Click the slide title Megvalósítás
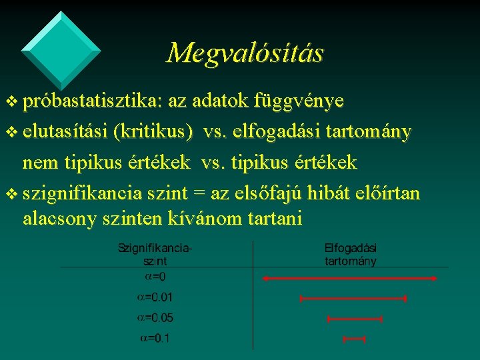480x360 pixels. (x=245, y=52)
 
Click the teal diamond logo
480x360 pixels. (x=61, y=49)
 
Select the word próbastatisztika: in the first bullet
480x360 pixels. (x=93, y=101)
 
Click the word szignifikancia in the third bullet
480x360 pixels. (x=81, y=193)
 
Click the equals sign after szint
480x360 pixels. (x=198, y=194)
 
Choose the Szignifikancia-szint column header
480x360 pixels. (x=155, y=254)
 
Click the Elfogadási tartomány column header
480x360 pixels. (x=351, y=254)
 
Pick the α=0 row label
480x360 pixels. (x=155, y=276)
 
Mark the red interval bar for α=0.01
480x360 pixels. (x=353, y=299)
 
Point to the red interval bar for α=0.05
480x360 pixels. (x=354, y=319)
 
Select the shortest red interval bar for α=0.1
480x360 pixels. (x=354, y=339)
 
